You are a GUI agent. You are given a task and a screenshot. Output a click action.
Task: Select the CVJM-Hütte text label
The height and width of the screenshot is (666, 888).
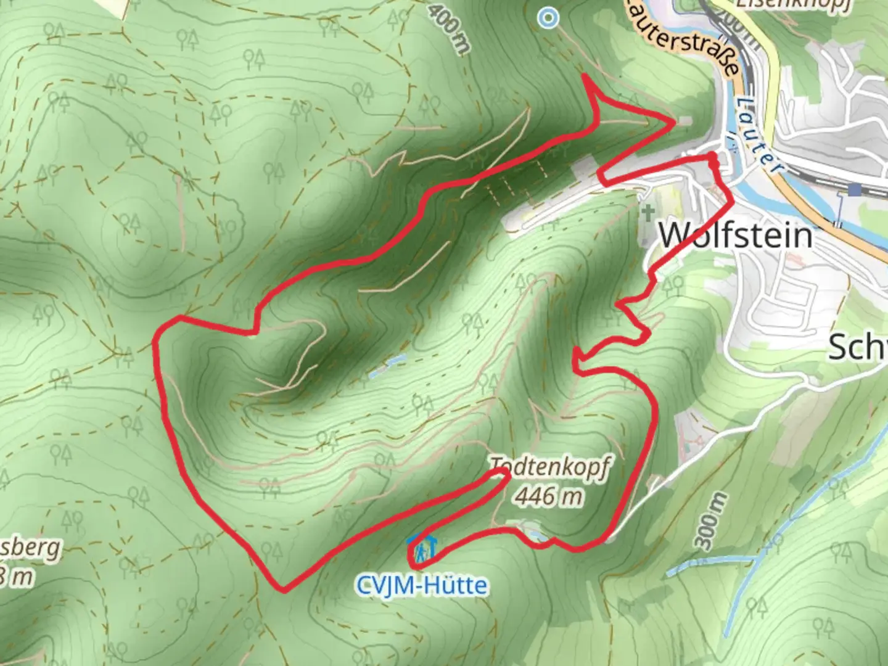[422, 585]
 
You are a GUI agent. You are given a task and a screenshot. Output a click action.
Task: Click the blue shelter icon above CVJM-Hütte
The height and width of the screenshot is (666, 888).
[422, 547]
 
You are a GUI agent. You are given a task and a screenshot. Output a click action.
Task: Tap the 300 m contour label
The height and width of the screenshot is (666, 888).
[710, 521]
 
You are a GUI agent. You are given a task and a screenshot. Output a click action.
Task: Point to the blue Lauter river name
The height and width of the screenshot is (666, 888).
[759, 133]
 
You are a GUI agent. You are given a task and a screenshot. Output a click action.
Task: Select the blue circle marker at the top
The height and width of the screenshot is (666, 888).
[547, 18]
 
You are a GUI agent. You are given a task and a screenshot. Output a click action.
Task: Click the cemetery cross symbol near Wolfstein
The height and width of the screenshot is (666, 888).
[647, 215]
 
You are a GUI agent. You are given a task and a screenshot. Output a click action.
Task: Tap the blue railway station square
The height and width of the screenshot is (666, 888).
[854, 189]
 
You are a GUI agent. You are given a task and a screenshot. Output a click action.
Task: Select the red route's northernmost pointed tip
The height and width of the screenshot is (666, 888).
[585, 76]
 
